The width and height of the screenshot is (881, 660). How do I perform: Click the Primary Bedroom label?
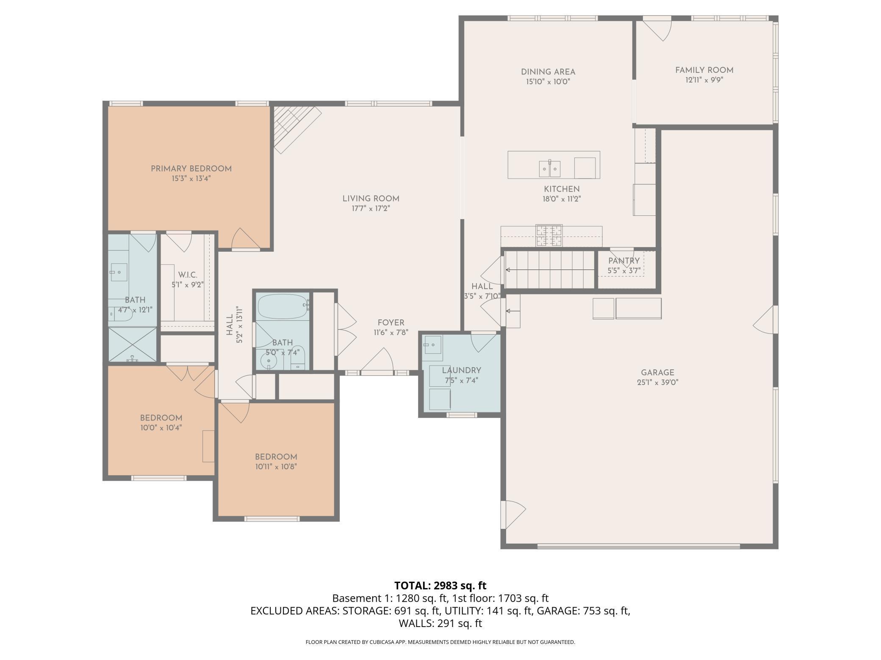pos(191,169)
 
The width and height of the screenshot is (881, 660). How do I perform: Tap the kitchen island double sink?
pos(549,169)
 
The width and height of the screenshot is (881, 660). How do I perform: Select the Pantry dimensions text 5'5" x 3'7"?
pos(623,271)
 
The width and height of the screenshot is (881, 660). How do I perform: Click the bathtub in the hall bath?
pos(282,307)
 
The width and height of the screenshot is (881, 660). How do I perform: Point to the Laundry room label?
pos(461,371)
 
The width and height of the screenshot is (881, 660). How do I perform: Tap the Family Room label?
pos(704,70)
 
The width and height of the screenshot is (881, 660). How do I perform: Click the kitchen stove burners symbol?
pos(549,236)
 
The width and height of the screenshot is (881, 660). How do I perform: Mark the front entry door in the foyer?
pos(377,363)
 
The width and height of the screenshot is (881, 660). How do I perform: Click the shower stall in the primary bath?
pos(133,344)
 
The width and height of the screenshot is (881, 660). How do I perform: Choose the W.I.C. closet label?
pos(187,275)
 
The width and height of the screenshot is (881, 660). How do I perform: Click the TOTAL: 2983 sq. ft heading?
pos(440,586)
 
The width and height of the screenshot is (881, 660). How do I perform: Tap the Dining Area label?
pos(548,72)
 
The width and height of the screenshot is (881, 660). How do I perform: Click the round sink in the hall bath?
pos(269,361)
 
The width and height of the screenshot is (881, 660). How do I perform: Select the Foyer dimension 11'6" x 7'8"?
pos(391,333)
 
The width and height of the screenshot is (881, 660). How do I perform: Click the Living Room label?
pos(371,199)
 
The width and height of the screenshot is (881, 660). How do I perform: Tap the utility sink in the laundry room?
pos(432,344)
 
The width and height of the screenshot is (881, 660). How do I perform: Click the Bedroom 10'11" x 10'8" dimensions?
pos(276,467)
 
